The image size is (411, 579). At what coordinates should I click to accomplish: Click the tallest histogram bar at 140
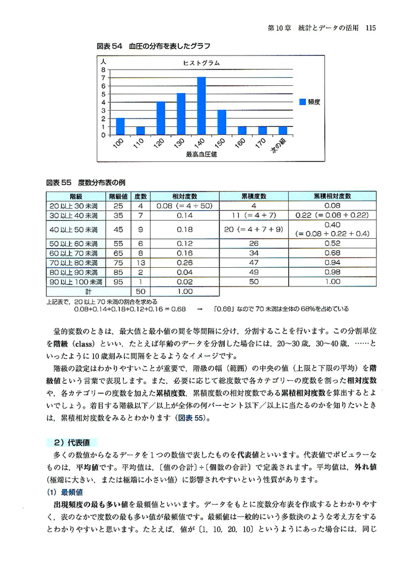click(x=201, y=106)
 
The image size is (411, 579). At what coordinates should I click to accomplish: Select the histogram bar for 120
click(x=161, y=118)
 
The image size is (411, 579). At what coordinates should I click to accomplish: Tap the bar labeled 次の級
click(x=283, y=130)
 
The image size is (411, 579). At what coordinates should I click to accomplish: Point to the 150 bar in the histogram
click(x=222, y=122)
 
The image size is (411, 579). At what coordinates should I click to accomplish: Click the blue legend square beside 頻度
click(x=303, y=102)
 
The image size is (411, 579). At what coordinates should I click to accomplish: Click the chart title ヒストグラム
click(x=201, y=63)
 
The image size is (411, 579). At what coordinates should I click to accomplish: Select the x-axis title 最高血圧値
click(x=201, y=155)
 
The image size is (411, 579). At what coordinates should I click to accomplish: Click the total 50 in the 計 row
click(x=140, y=291)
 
